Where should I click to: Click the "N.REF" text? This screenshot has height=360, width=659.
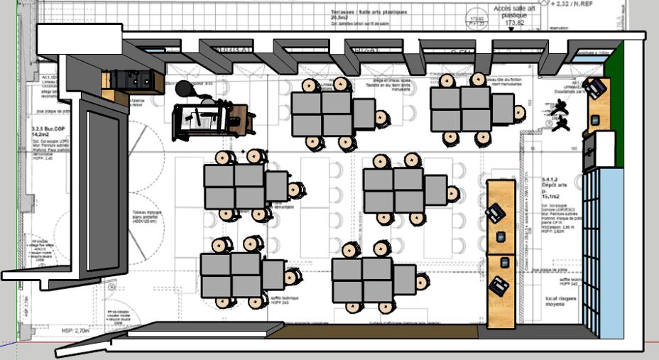[x=581, y=4]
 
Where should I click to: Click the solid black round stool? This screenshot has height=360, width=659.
[x=185, y=89]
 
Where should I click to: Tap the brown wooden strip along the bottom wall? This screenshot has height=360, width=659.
[x=383, y=332]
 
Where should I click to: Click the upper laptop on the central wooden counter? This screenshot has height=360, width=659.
[x=496, y=212]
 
